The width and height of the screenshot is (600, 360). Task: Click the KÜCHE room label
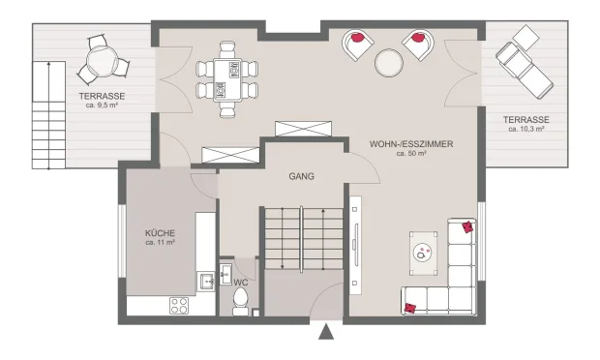pyautogui.click(x=160, y=233)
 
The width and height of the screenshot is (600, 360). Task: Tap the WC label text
pyautogui.click(x=241, y=283)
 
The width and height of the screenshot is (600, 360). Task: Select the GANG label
pyautogui.click(x=302, y=176)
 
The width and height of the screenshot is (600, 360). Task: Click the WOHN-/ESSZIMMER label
pyautogui.click(x=411, y=144)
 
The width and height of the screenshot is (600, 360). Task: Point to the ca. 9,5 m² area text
pyautogui.click(x=102, y=105)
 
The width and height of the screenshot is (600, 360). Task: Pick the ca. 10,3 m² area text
pyautogui.click(x=526, y=129)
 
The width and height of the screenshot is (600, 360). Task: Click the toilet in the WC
pyautogui.click(x=240, y=301)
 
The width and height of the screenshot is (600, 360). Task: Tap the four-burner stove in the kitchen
pyautogui.click(x=179, y=306)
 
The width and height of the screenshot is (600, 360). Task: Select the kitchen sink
pyautogui.click(x=206, y=282)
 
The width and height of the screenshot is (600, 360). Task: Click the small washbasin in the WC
pyautogui.click(x=225, y=274)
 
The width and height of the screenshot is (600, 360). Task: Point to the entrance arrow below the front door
pyautogui.click(x=326, y=331)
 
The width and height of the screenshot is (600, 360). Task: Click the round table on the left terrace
pyautogui.click(x=102, y=61)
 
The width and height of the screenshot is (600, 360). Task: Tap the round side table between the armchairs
pyautogui.click(x=389, y=62)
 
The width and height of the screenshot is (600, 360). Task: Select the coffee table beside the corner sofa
pyautogui.click(x=423, y=253)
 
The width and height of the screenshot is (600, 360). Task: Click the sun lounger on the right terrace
pyautogui.click(x=525, y=71)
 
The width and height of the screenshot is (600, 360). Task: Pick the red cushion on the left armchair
pyautogui.click(x=357, y=38)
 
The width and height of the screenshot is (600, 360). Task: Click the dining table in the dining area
pyautogui.click(x=227, y=79)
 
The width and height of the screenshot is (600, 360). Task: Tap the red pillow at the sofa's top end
pyautogui.click(x=467, y=226)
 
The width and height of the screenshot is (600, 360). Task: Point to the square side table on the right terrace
pyautogui.click(x=525, y=38)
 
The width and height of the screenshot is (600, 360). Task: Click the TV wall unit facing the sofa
pyautogui.click(x=355, y=245)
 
